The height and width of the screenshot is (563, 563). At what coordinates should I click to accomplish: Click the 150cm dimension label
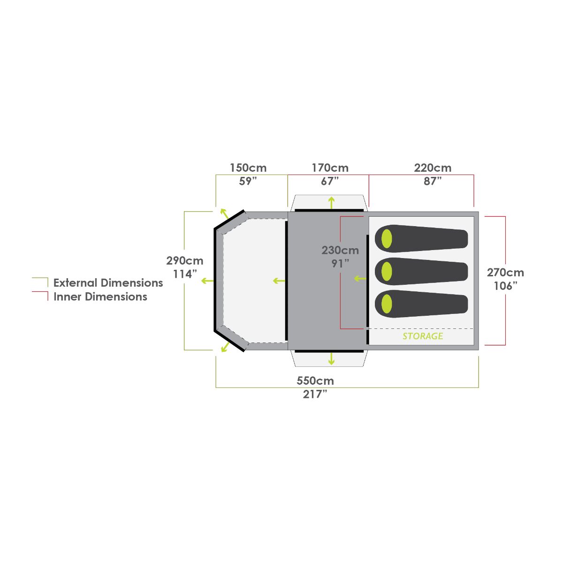point(248,168)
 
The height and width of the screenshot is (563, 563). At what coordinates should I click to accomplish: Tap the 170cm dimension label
point(330,168)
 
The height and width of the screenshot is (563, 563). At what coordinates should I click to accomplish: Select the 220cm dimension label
point(432,168)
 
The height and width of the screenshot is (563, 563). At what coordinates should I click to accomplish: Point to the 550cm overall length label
point(315,380)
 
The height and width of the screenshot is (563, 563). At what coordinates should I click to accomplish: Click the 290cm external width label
point(184,261)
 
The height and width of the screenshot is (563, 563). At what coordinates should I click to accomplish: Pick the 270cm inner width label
point(505,273)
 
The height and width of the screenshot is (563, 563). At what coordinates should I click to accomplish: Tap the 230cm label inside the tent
point(340,251)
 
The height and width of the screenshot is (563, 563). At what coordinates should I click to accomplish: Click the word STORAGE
point(423,336)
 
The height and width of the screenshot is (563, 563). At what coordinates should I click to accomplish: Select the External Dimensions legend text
point(108,283)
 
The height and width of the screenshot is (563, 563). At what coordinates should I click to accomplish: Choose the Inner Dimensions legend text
point(100,297)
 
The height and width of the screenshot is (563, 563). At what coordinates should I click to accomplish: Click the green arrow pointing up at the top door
point(332,203)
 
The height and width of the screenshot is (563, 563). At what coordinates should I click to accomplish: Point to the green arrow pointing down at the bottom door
point(332,358)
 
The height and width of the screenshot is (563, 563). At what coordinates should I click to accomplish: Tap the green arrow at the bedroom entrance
point(360,279)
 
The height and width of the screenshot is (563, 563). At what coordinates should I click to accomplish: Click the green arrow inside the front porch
point(279,281)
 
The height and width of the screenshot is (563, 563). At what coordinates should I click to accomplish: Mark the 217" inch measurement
point(314,395)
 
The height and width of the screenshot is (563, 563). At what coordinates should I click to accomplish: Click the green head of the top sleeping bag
point(387,238)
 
